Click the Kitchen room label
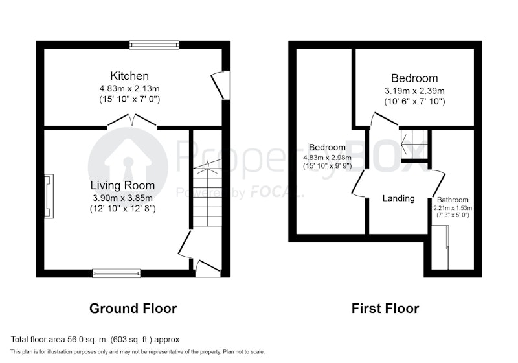(129, 76)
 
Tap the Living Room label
(122, 185)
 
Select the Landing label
(398, 198)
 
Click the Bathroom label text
(453, 200)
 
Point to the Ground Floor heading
(133, 309)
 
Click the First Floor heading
(385, 309)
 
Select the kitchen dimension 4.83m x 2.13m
(129, 89)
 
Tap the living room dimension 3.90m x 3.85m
(122, 198)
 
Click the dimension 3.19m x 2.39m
(414, 91)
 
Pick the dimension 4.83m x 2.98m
(327, 158)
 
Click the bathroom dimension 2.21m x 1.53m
(453, 208)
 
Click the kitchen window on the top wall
(154, 45)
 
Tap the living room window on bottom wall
(117, 273)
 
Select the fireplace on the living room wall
(49, 196)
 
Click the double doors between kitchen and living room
(132, 121)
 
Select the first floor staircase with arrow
(414, 144)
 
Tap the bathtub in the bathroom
(440, 247)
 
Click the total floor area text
(95, 340)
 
